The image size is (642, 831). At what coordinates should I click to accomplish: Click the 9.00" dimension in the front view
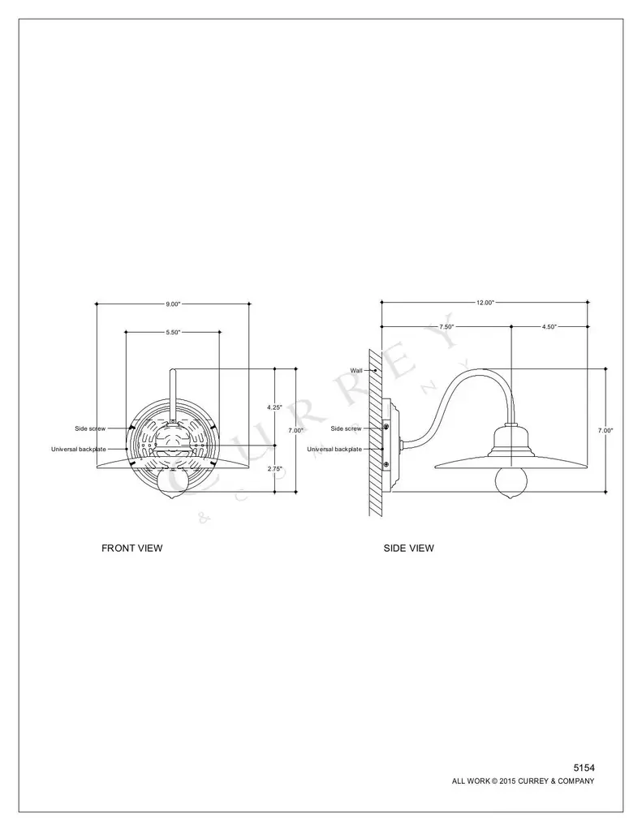coord(174,304)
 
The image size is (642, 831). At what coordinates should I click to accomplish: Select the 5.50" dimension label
coord(174,332)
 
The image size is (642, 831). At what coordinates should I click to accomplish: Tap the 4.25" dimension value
coord(274,407)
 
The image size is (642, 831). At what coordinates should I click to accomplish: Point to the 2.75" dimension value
coord(274,468)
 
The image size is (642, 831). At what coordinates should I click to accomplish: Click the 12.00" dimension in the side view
coord(485,303)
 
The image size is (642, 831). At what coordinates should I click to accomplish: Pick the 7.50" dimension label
coord(446,327)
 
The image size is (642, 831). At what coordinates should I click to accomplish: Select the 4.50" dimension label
coord(549,327)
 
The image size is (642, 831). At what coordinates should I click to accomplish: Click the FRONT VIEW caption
coord(132,548)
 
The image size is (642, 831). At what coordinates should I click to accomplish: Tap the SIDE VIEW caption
coord(409,548)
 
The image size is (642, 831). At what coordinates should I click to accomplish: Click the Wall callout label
coord(356,370)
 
